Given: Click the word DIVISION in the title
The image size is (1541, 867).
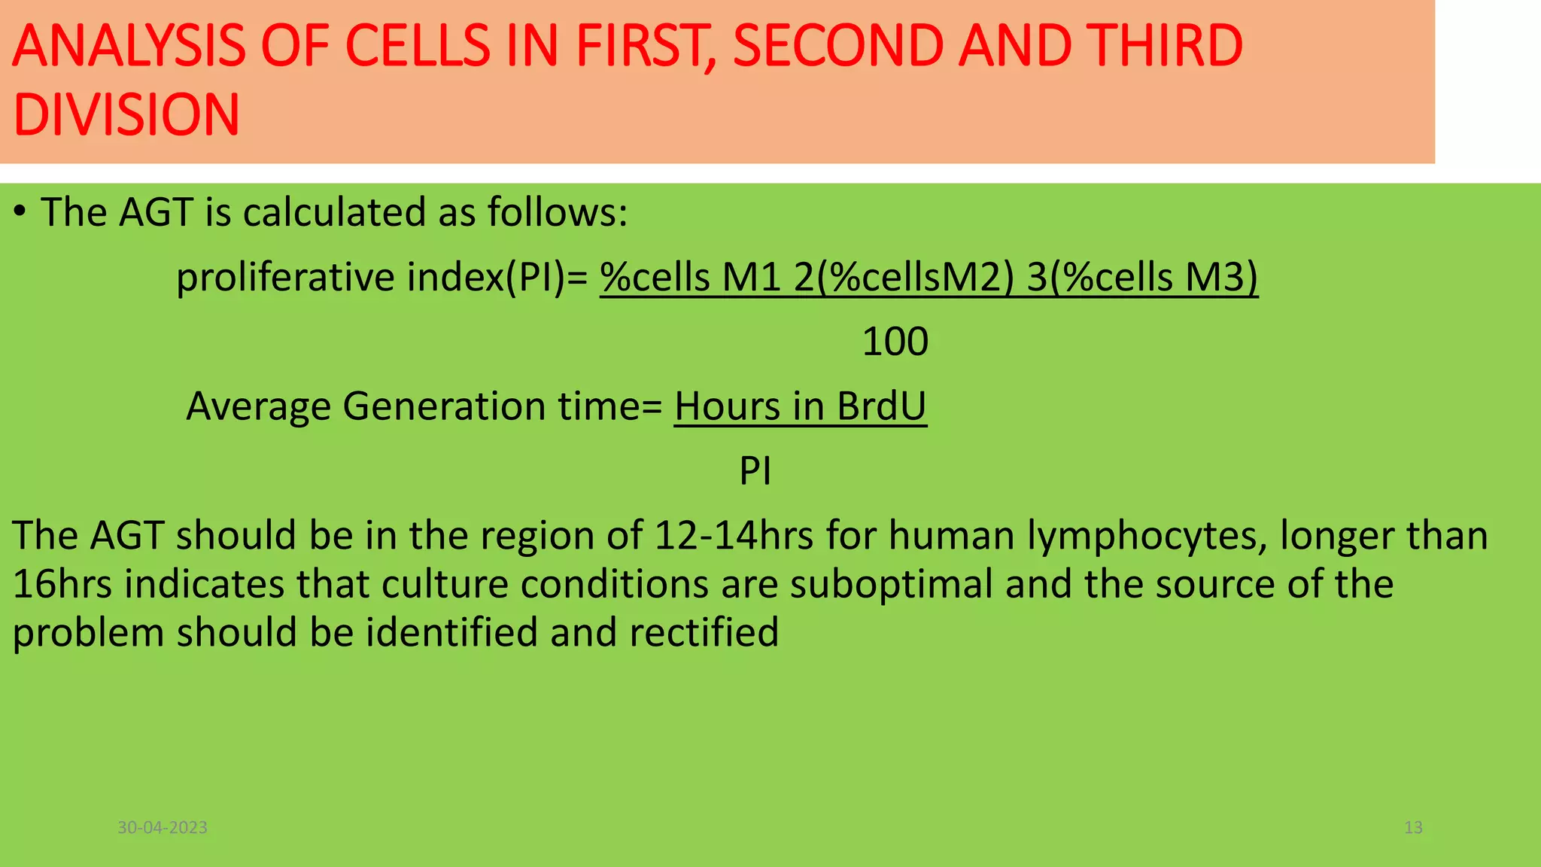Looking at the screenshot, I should (x=126, y=115).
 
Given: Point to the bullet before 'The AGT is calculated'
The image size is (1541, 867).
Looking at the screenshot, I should (x=20, y=213).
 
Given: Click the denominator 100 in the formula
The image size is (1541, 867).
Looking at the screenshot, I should (x=895, y=342).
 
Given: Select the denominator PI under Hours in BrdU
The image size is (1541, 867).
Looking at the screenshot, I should (x=755, y=471).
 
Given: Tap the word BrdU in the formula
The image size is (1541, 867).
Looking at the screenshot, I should (x=881, y=406).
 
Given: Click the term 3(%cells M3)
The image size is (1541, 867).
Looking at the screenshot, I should (x=1142, y=277).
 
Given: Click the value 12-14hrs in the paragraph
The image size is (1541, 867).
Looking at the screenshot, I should (x=734, y=536).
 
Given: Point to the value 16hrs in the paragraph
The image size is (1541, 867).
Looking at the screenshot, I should (x=62, y=584).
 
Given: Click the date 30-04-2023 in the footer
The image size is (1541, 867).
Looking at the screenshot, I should (x=163, y=828).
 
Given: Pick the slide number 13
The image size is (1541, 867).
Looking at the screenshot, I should (x=1413, y=828).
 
